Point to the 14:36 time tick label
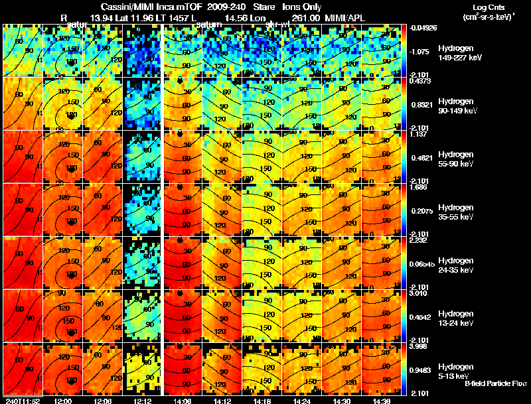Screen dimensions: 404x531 [x=381, y=401]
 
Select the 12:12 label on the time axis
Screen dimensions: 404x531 [x=143, y=401]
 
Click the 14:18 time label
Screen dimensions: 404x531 [x=262, y=401]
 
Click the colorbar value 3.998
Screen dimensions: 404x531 [x=419, y=347]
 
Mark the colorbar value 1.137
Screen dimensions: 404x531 [x=417, y=134]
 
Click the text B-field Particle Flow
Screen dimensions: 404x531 [x=496, y=383]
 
